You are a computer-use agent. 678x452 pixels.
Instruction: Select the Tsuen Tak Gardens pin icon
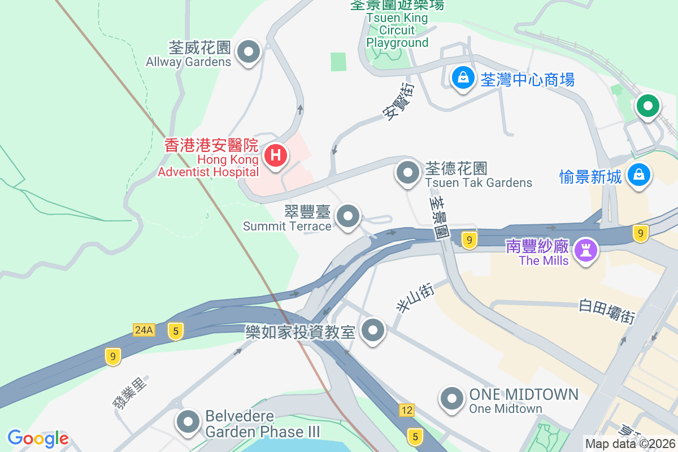coord(407,172)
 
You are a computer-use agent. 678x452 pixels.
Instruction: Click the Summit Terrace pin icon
coord(348,216)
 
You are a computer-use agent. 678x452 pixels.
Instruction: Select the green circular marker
coord(647,106)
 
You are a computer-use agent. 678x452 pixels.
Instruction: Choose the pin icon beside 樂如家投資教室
coord(373,330)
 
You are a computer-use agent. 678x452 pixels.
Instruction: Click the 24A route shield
coord(144,329)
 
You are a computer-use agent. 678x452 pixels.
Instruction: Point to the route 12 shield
coord(406,410)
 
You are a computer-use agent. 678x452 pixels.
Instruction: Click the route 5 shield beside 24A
coord(176,332)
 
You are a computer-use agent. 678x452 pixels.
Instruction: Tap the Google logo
coord(38,438)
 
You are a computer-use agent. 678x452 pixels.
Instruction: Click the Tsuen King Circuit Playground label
coord(397,30)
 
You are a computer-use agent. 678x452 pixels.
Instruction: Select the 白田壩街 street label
coord(607,311)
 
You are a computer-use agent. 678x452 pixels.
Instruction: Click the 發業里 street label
coord(129,393)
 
